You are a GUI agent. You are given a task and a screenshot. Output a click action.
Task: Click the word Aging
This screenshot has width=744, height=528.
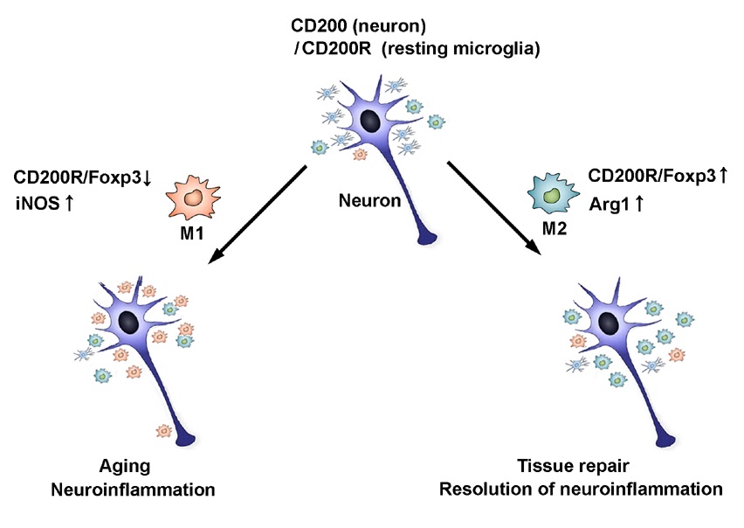click(124, 466)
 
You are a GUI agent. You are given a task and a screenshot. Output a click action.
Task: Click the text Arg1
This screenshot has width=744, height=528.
click(611, 203)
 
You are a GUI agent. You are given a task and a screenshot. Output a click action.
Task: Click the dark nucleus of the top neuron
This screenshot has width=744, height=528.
click(369, 120)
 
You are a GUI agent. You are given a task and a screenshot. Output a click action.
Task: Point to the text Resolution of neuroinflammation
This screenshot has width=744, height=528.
click(581, 488)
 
